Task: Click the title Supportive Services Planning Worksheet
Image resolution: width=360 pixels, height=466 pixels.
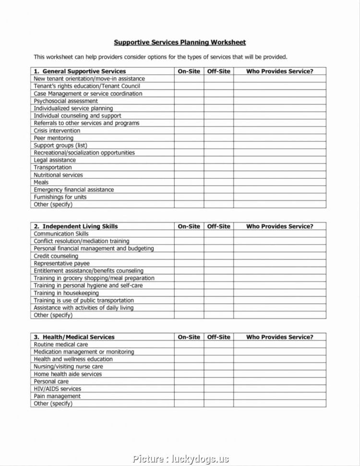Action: pyautogui.click(x=180, y=42)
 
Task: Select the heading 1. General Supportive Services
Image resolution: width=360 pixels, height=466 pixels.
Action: pyautogui.click(x=80, y=71)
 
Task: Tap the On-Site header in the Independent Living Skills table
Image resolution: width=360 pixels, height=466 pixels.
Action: pyautogui.click(x=189, y=226)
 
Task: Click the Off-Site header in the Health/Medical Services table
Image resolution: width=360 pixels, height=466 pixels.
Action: pyautogui.click(x=218, y=337)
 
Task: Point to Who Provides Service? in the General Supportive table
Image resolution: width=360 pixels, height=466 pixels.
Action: pyautogui.click(x=279, y=71)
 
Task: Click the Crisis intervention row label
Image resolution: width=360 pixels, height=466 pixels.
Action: pyautogui.click(x=57, y=131)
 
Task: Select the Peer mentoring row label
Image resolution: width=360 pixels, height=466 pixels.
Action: pyautogui.click(x=53, y=138)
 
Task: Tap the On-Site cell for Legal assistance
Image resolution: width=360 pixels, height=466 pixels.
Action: pyautogui.click(x=189, y=160)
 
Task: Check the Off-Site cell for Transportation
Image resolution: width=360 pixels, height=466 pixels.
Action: pyautogui.click(x=218, y=168)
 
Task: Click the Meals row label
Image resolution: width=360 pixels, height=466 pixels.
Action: pyautogui.click(x=41, y=183)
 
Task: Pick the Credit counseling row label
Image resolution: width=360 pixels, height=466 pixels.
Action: pyautogui.click(x=56, y=256)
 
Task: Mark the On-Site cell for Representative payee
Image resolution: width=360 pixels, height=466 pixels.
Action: pyautogui.click(x=189, y=263)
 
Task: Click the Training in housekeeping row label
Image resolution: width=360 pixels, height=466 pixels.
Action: pyautogui.click(x=66, y=293)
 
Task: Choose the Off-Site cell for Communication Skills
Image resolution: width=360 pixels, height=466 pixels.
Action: pyautogui.click(x=218, y=234)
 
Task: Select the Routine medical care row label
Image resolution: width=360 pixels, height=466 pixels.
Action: pyautogui.click(x=61, y=344)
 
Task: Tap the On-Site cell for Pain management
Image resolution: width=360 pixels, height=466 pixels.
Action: pyautogui.click(x=189, y=396)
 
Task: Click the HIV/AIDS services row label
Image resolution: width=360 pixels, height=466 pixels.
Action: pyautogui.click(x=57, y=389)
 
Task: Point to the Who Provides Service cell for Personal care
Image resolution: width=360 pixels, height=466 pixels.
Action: pyautogui.click(x=279, y=381)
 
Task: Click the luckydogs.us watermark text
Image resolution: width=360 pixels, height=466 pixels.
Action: pyautogui.click(x=180, y=459)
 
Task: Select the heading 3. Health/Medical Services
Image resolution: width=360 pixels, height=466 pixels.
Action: pyautogui.click(x=74, y=337)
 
